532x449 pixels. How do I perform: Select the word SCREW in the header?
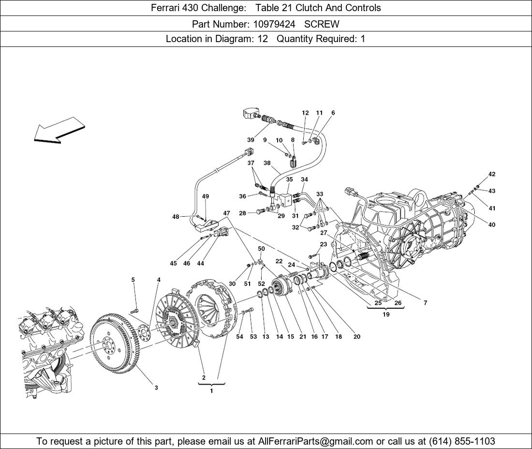pyautogui.click(x=322, y=24)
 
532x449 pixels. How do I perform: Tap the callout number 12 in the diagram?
pyautogui.click(x=305, y=113)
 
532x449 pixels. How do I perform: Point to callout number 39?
pyautogui.click(x=251, y=140)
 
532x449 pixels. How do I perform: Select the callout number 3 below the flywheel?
pyautogui.click(x=156, y=388)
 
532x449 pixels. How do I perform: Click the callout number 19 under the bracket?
pyautogui.click(x=386, y=314)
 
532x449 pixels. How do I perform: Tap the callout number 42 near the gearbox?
pyautogui.click(x=492, y=174)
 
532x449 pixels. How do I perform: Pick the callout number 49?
pyautogui.click(x=206, y=196)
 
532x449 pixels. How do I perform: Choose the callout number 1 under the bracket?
pyautogui.click(x=211, y=391)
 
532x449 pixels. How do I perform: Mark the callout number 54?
pyautogui.click(x=239, y=337)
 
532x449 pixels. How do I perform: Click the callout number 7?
pyautogui.click(x=425, y=303)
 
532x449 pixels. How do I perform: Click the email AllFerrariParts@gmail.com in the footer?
pyautogui.click(x=315, y=441)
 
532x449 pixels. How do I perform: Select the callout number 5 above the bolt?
pyautogui.click(x=133, y=280)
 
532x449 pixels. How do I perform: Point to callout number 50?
pyautogui.click(x=261, y=249)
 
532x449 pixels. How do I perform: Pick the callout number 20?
pyautogui.click(x=357, y=337)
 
